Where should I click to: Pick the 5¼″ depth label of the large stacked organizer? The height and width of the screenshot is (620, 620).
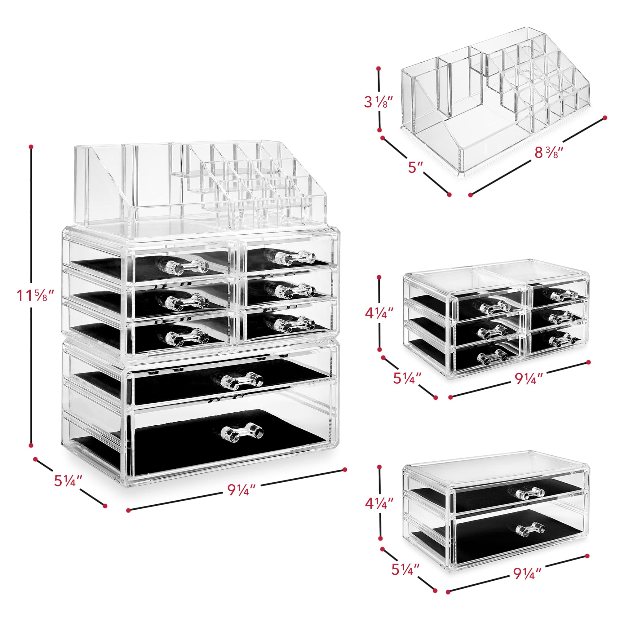[68, 481]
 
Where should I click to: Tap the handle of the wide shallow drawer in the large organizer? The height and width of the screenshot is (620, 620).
[242, 380]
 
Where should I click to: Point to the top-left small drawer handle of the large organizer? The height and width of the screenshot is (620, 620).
[188, 266]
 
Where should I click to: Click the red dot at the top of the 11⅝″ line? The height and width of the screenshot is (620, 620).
[31, 147]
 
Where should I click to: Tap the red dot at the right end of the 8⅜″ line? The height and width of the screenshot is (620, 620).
[605, 117]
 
